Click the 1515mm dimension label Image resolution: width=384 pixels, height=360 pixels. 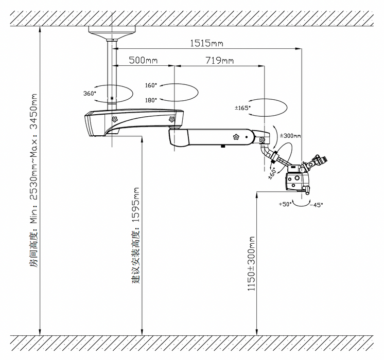point(207,43)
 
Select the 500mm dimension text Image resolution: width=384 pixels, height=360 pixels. point(143,60)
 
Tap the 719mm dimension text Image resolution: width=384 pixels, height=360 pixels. point(219,60)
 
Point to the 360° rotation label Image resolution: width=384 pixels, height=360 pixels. point(90,93)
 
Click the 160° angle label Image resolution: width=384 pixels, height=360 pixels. point(151,85)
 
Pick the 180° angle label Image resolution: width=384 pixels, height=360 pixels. point(151,100)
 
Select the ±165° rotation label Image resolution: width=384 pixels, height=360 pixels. point(242,108)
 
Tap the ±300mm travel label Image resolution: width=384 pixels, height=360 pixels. point(290,135)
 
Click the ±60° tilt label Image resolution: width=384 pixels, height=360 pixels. point(272,173)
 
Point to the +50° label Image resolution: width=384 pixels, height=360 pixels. point(285,204)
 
